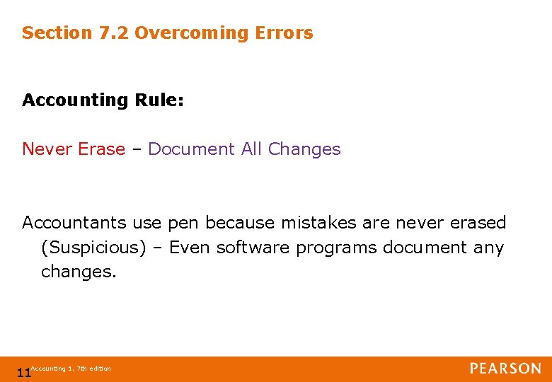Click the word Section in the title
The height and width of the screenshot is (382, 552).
click(57, 33)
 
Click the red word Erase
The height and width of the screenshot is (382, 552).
click(101, 149)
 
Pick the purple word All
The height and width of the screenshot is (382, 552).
click(252, 149)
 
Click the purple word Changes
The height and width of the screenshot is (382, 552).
click(304, 149)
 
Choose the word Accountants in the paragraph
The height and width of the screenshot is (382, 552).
click(74, 223)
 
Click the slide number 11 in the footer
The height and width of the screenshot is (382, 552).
click(23, 373)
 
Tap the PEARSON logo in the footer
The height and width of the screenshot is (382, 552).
click(505, 369)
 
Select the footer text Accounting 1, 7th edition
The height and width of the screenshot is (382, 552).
click(71, 369)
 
